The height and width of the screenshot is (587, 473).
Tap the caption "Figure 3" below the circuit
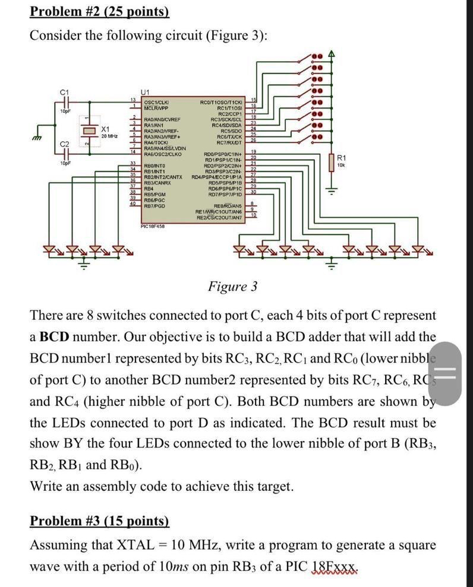tap(232, 287)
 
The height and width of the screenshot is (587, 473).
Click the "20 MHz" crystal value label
tap(108, 137)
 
